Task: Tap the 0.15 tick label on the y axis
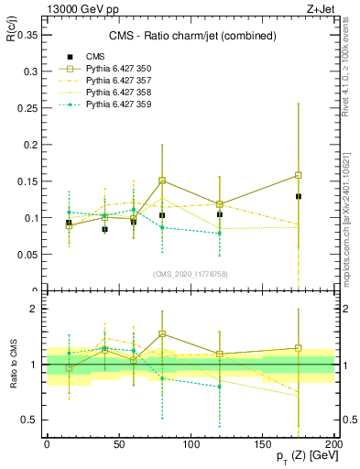click(x=27, y=181)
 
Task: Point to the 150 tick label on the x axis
click(x=262, y=442)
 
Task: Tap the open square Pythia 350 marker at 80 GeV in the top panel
click(x=162, y=180)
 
